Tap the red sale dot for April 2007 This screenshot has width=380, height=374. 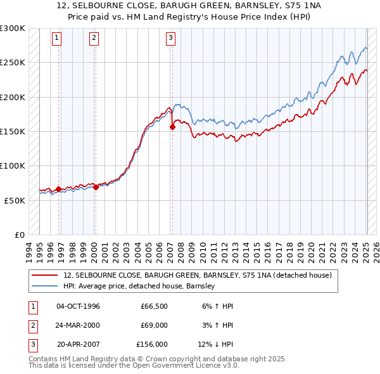[172, 127]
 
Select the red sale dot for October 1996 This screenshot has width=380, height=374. [59, 189]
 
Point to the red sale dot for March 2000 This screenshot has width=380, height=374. [96, 187]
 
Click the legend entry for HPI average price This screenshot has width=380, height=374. [139, 287]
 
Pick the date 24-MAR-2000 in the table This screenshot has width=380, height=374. [77, 325]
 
